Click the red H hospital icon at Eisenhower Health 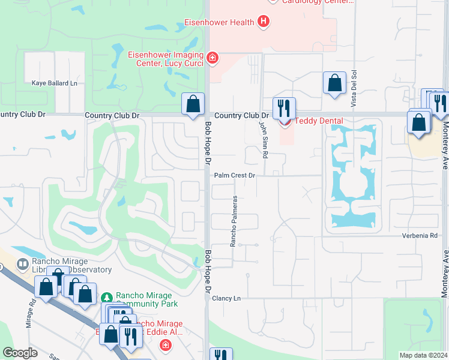click(263, 22)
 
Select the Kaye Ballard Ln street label click(55, 83)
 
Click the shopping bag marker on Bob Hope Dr click(193, 104)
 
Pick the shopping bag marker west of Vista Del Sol click(334, 83)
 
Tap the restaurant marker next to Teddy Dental click(284, 108)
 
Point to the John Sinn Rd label click(263, 138)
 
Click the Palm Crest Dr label click(235, 176)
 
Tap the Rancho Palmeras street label click(234, 221)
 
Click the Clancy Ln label click(226, 298)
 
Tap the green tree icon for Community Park click(107, 297)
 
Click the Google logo click(20, 353)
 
